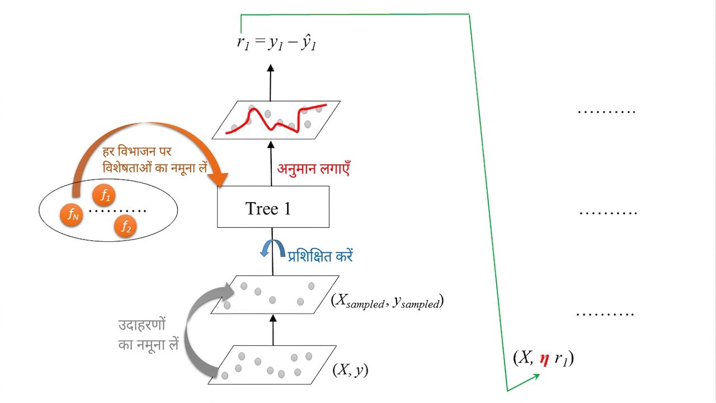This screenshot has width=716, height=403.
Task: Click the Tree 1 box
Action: (273, 207)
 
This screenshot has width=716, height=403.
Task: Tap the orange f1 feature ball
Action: (104, 195)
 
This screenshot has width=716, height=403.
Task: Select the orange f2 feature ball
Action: (125, 227)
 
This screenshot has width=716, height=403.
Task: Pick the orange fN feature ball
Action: (71, 214)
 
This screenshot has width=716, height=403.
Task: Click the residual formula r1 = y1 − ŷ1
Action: (276, 43)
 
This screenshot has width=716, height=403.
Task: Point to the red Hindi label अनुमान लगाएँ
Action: (313, 168)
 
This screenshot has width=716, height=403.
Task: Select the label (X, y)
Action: (350, 370)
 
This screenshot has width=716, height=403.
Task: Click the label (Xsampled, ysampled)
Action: (387, 301)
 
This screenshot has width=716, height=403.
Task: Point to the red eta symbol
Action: (544, 359)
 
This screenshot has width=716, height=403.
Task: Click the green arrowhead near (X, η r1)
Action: (535, 377)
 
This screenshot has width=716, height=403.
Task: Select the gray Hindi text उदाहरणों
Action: (142, 325)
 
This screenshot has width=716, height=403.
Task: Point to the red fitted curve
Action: (276, 120)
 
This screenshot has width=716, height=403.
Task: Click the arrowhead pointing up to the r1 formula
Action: (271, 68)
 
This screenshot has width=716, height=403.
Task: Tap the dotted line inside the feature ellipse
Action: (117, 211)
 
